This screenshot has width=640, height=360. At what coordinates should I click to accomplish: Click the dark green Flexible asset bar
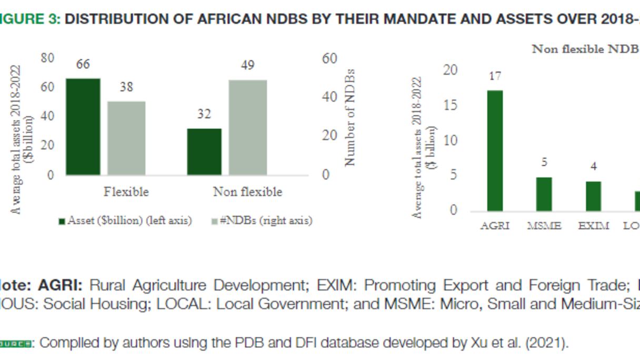[x=83, y=127]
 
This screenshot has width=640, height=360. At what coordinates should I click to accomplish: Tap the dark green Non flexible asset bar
[x=204, y=152]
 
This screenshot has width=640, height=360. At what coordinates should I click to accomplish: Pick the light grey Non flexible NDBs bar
[x=248, y=127]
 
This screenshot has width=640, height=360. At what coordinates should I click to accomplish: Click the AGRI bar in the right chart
[x=495, y=151]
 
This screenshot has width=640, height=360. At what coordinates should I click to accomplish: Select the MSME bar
[x=544, y=194]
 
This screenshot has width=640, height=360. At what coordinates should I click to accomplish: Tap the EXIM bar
[x=594, y=196]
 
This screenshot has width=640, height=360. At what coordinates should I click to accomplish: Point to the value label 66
[x=83, y=64]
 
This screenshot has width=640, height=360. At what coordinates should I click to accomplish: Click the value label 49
[x=248, y=65]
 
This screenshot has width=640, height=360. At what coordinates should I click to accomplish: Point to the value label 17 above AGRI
[x=495, y=76]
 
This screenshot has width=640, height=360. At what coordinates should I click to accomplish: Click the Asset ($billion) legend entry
[x=125, y=221]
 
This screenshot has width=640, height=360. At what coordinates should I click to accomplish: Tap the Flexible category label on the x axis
[x=126, y=192]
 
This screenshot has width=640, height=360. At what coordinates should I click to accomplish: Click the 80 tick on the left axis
[x=47, y=58]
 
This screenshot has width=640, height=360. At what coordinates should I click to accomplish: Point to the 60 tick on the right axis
[x=329, y=58]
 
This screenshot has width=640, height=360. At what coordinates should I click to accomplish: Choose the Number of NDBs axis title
[x=351, y=117]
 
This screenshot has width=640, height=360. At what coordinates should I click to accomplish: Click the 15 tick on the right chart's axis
[x=451, y=105]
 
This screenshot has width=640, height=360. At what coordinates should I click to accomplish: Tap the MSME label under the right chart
[x=544, y=226]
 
